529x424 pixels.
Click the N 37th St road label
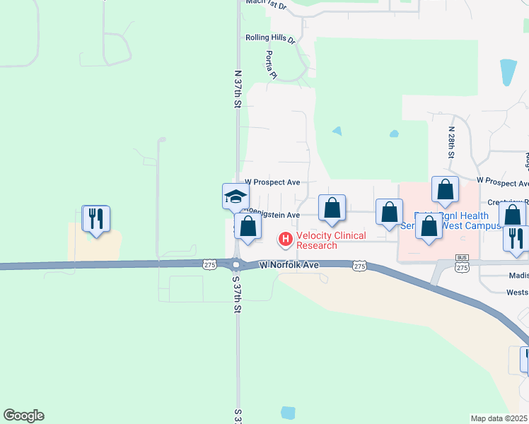(x=238, y=88)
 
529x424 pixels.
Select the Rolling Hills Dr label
(x=270, y=38)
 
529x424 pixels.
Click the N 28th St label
(x=450, y=141)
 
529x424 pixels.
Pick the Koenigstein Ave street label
(x=276, y=215)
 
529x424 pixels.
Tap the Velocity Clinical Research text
(x=331, y=240)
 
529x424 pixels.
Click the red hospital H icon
(x=286, y=240)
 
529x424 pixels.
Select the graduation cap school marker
(x=236, y=196)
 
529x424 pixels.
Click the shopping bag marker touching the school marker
(x=248, y=227)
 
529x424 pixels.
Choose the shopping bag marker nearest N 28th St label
(x=444, y=189)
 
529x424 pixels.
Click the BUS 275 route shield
(x=463, y=264)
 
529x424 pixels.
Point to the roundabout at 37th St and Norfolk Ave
(x=236, y=265)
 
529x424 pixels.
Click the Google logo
(x=23, y=416)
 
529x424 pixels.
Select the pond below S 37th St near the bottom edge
(x=288, y=413)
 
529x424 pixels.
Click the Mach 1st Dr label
(x=266, y=4)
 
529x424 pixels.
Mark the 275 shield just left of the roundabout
(x=209, y=264)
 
